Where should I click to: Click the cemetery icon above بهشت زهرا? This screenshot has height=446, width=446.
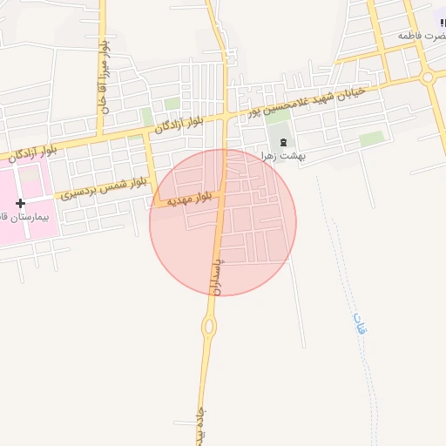pos(282,141)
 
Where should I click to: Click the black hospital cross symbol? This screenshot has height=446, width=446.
pos(20,203)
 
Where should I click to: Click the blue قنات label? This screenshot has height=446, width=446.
pos(359,324)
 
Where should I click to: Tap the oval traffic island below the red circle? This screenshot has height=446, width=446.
pos(209,327)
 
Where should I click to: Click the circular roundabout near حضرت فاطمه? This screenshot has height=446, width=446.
pos(428,77)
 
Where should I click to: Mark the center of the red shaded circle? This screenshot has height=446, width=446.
pos(223,222)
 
